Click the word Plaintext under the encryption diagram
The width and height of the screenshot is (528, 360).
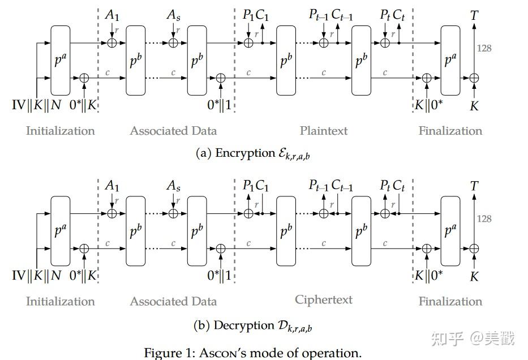tap(324, 131)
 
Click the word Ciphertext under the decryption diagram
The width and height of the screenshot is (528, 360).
tap(324, 300)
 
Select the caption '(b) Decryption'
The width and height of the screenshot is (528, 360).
tap(253, 325)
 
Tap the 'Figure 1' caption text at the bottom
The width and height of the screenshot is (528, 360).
tap(252, 353)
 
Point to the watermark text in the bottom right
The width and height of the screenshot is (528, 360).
tap(473, 338)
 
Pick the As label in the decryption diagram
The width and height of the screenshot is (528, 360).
tap(174, 186)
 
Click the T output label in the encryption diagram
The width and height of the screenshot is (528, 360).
tap(474, 15)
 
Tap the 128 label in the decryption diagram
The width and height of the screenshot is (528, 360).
tap(484, 219)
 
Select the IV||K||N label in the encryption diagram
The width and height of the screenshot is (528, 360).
tap(37, 105)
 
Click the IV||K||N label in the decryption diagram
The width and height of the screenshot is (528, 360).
tap(37, 276)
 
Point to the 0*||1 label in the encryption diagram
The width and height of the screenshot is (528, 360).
tap(221, 105)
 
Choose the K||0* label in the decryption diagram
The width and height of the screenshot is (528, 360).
tap(429, 276)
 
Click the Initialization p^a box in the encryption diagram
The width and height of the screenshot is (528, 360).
tap(60, 60)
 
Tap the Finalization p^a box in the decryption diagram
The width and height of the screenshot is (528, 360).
tap(450, 231)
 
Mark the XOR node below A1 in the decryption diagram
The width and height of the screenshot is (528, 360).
tap(112, 213)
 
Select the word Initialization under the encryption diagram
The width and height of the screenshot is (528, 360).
tap(60, 131)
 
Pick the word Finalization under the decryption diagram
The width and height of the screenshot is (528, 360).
tap(450, 301)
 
